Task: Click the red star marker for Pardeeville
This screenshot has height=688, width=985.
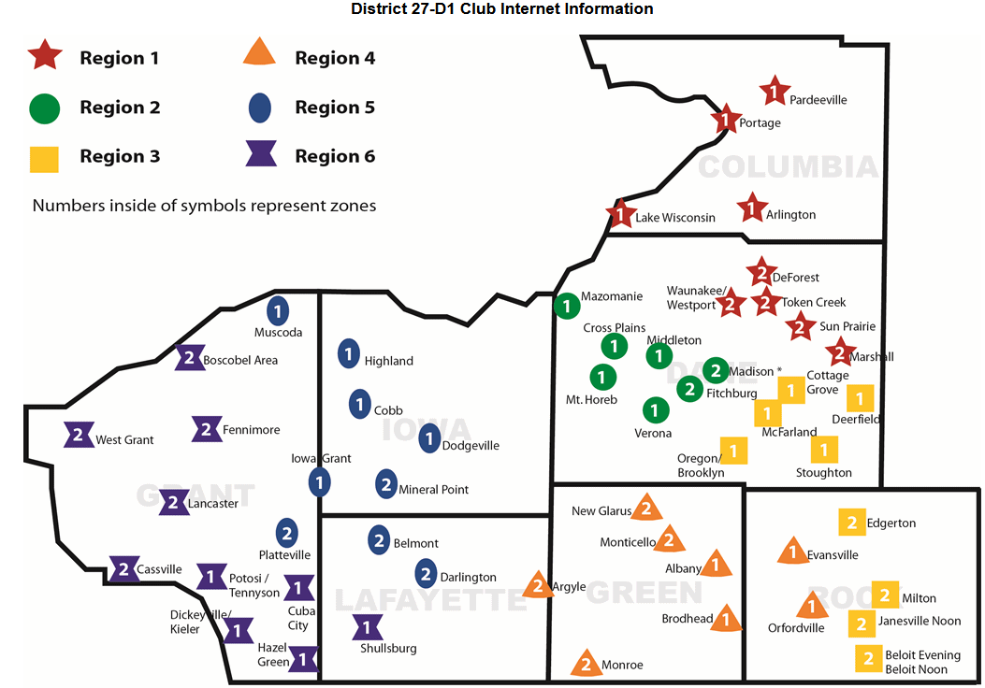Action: (x=774, y=92)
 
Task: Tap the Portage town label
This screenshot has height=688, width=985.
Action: (x=760, y=123)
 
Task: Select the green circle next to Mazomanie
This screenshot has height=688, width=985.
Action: (x=567, y=306)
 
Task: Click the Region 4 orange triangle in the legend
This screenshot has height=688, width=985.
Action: (x=259, y=51)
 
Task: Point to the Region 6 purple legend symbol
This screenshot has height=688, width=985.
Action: (x=261, y=153)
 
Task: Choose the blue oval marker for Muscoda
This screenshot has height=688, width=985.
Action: (x=278, y=310)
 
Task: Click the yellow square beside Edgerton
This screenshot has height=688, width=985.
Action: (x=852, y=523)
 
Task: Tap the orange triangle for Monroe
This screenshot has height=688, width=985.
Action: (x=586, y=662)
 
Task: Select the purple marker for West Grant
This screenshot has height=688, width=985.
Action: (x=79, y=435)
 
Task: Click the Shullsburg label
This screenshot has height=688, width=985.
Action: (x=388, y=649)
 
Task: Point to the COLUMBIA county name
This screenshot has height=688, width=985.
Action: (x=788, y=167)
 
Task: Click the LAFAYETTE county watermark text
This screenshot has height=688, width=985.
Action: (x=431, y=600)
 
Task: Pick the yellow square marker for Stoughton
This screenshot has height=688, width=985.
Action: (x=824, y=450)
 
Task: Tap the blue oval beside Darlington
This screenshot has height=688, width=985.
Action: (x=426, y=574)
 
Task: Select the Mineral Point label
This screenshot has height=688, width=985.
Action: (x=433, y=490)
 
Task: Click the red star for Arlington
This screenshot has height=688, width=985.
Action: (x=751, y=208)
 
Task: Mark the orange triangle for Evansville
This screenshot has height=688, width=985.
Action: (x=793, y=551)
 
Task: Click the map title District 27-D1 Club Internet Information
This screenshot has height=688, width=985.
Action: (x=502, y=8)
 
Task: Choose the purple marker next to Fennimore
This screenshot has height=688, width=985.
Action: (x=207, y=429)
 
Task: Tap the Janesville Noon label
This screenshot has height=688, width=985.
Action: (x=920, y=621)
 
